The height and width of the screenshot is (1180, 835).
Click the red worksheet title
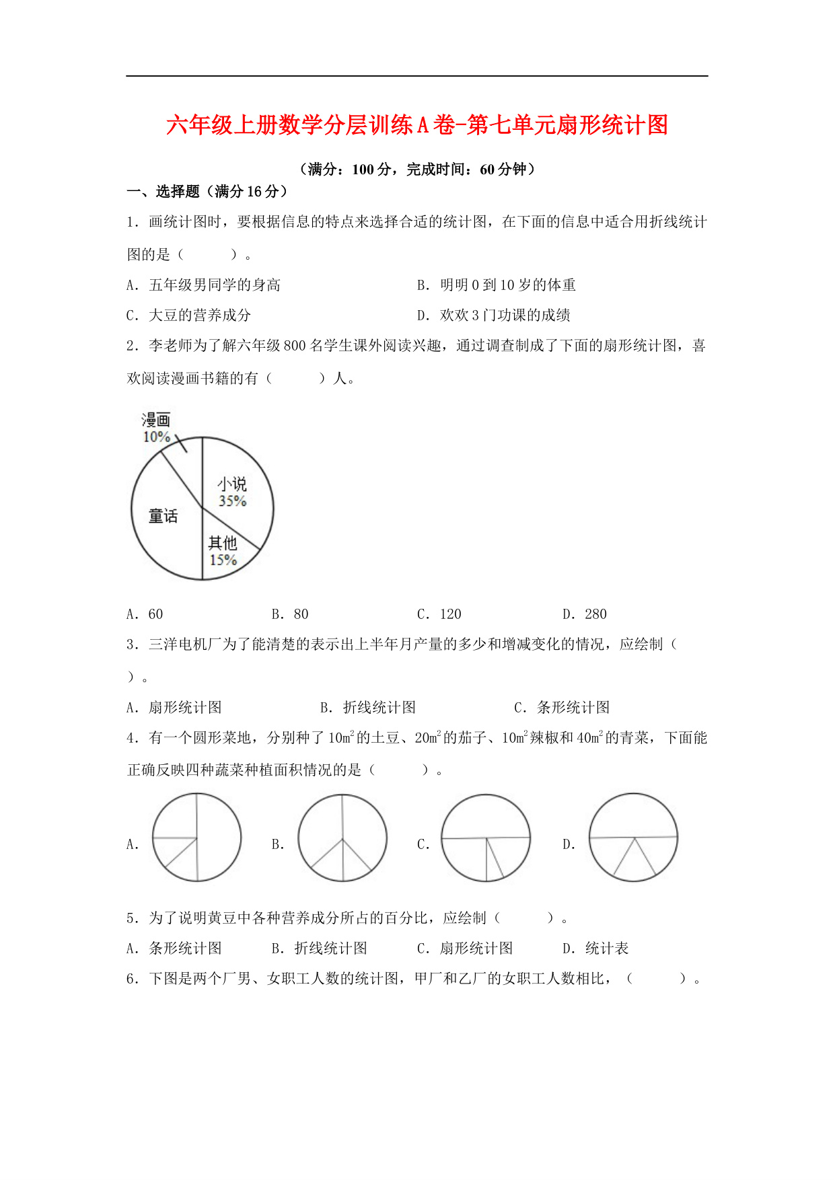click(416, 126)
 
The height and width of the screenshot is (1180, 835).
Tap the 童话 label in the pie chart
click(164, 517)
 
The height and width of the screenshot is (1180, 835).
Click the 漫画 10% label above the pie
click(156, 429)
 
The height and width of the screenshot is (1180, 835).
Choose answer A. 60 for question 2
click(145, 614)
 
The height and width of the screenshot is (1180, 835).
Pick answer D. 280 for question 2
click(585, 614)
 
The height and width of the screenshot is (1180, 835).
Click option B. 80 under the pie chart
click(290, 614)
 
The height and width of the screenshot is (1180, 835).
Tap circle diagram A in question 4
click(196, 838)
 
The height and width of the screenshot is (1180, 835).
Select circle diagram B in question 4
click(342, 838)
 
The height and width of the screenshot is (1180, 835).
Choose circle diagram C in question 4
click(485, 838)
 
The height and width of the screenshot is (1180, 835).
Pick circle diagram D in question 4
click(633, 838)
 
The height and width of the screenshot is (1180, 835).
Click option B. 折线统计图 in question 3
click(368, 708)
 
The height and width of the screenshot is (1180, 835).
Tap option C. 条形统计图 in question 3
click(562, 708)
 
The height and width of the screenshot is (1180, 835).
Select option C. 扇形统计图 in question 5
click(465, 949)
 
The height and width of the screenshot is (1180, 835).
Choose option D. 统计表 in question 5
click(595, 949)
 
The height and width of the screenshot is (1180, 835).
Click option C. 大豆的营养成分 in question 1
click(189, 316)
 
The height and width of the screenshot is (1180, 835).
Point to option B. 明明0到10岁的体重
click(497, 285)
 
